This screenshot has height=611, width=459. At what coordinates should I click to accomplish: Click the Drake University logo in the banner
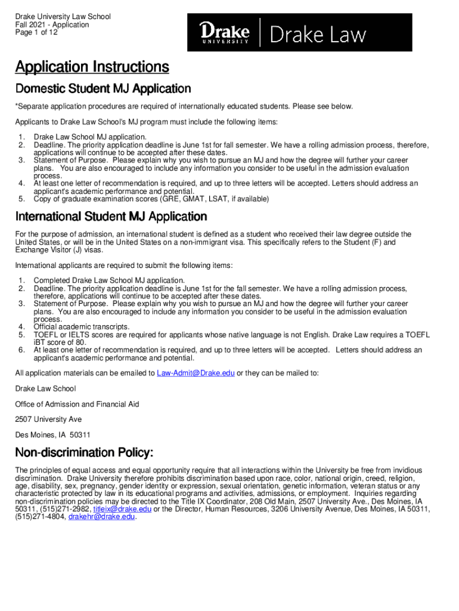coord(224,32)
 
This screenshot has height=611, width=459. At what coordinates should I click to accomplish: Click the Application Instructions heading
coord(92,67)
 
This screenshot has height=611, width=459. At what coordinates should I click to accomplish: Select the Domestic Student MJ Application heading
coord(103,89)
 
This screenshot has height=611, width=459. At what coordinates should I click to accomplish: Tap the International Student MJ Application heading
coord(111,216)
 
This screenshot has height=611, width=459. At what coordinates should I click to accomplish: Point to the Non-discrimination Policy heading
coord(85,451)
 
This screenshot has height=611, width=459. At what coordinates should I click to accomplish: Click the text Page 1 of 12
coord(36,33)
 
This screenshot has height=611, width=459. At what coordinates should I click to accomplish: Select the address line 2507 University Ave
coord(49,419)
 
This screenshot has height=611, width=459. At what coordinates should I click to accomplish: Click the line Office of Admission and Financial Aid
coord(77,405)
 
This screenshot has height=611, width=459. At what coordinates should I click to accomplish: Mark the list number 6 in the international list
coord(21,350)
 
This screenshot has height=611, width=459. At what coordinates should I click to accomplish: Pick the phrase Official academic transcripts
coord(82,327)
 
